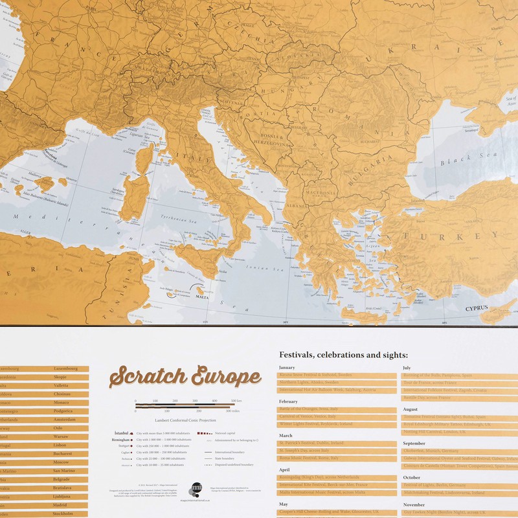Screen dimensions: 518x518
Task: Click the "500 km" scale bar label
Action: coord(237,401)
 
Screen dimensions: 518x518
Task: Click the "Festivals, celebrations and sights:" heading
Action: coord(343,355)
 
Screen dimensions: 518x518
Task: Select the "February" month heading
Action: coord(288,401)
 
